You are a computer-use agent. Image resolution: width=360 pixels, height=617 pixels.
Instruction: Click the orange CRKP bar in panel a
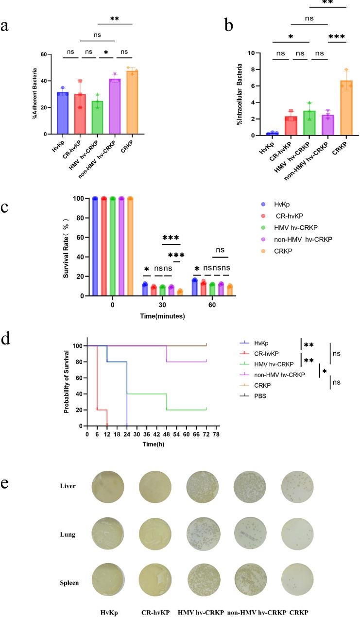[132, 103]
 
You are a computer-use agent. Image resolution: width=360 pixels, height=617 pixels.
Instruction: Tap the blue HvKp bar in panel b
[273, 134]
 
